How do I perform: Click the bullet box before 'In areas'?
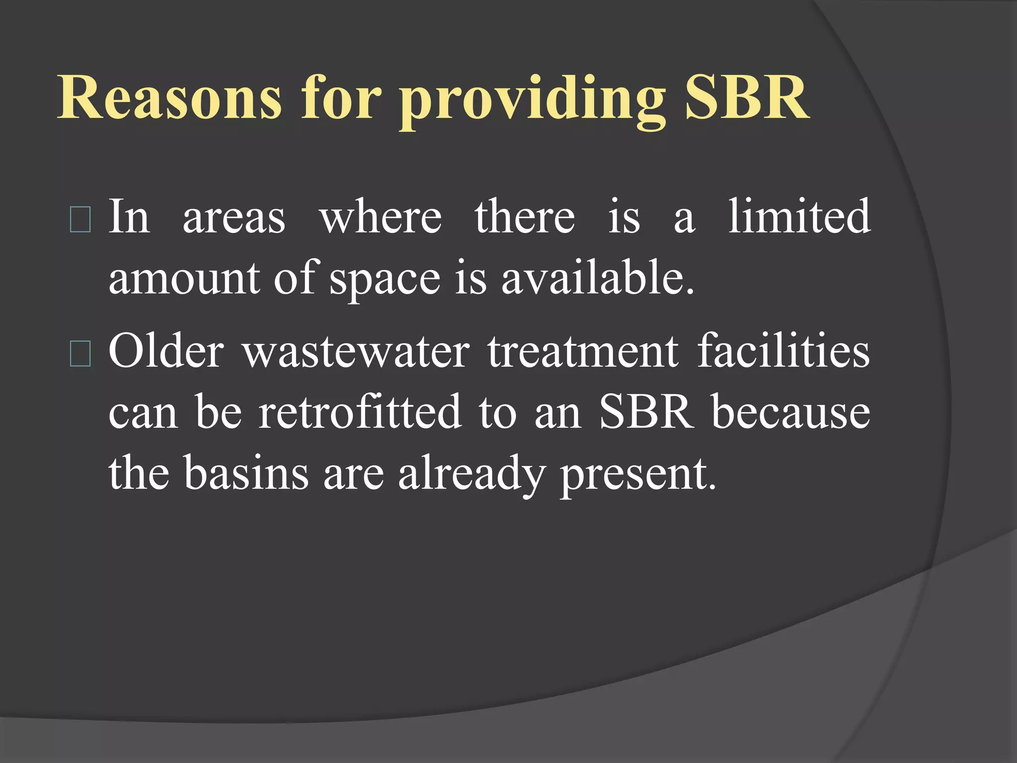pyautogui.click(x=80, y=220)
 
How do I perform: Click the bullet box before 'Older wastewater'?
pyautogui.click(x=80, y=354)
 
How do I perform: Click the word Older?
pyautogui.click(x=166, y=351)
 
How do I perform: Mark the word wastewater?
pyautogui.click(x=356, y=352)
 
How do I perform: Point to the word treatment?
pyautogui.click(x=583, y=352)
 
